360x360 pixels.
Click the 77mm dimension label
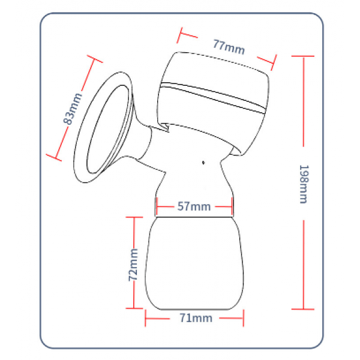pos(229,47)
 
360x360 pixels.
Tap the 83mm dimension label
pos(73,109)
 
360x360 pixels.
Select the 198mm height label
pos(304,184)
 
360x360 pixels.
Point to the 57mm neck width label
pos(194,206)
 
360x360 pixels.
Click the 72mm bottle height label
pos(133,265)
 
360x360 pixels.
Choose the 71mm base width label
pos(196,318)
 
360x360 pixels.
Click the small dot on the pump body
pos(203,163)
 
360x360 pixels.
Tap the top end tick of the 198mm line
pos(303,56)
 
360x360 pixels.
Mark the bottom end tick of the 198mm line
pos(303,309)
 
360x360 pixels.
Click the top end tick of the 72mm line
pos(134,217)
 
